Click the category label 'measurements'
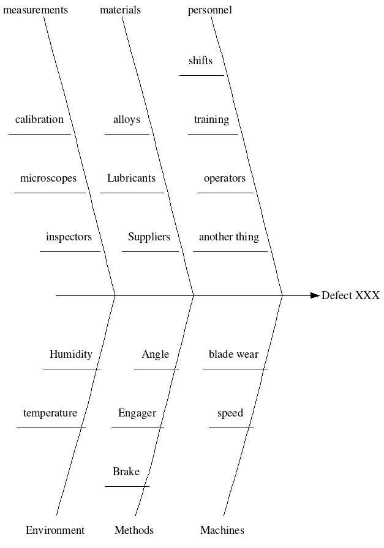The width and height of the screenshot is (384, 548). pyautogui.click(x=36, y=10)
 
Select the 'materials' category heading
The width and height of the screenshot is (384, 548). pyautogui.click(x=120, y=10)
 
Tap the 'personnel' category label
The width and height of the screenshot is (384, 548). pyautogui.click(x=210, y=10)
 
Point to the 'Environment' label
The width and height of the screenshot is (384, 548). pyautogui.click(x=55, y=530)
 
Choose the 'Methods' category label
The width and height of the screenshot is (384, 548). pyautogui.click(x=134, y=530)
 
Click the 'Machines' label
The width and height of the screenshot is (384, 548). pyautogui.click(x=222, y=530)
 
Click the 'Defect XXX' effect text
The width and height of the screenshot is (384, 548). pyautogui.click(x=350, y=295)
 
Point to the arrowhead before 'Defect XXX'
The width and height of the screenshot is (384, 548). pyautogui.click(x=315, y=295)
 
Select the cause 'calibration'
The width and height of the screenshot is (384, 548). pyautogui.click(x=39, y=119)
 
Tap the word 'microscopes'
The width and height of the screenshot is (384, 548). pyautogui.click(x=48, y=178)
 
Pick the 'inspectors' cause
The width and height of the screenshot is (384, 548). pyautogui.click(x=69, y=237)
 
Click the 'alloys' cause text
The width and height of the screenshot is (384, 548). pyautogui.click(x=127, y=119)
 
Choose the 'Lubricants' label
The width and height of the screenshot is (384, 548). pyautogui.click(x=131, y=178)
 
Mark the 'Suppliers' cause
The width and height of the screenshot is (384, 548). pyautogui.click(x=149, y=237)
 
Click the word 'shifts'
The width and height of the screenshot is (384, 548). pyautogui.click(x=201, y=61)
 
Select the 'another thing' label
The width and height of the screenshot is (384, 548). pyautogui.click(x=229, y=237)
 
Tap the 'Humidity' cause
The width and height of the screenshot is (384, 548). pyautogui.click(x=71, y=354)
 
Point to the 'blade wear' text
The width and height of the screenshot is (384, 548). pyautogui.click(x=233, y=354)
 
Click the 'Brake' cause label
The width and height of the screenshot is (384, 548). pyautogui.click(x=126, y=472)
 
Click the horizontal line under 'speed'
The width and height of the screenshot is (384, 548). pyautogui.click(x=230, y=428)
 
